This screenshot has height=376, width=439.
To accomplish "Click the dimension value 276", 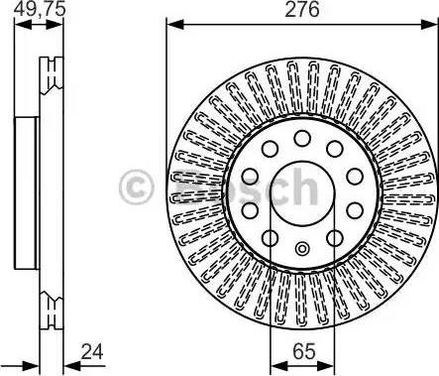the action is tap(302, 10).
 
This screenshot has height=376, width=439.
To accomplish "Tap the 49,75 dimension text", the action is tap(40, 9).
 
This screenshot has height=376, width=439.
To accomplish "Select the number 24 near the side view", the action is tap(92, 351).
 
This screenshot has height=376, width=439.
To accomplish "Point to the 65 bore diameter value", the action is tap(304, 351).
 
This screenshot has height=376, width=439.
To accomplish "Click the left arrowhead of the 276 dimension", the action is tap(175, 25).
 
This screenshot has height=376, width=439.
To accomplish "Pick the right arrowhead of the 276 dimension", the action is tap(429, 25).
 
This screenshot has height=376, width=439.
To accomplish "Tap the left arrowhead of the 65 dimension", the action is tap(278, 366).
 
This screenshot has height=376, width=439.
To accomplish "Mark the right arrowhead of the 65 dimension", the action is tap(326, 366).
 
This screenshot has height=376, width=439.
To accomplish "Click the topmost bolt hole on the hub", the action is tap(302, 138).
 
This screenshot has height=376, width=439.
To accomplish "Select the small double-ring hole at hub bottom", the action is tap(302, 249).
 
